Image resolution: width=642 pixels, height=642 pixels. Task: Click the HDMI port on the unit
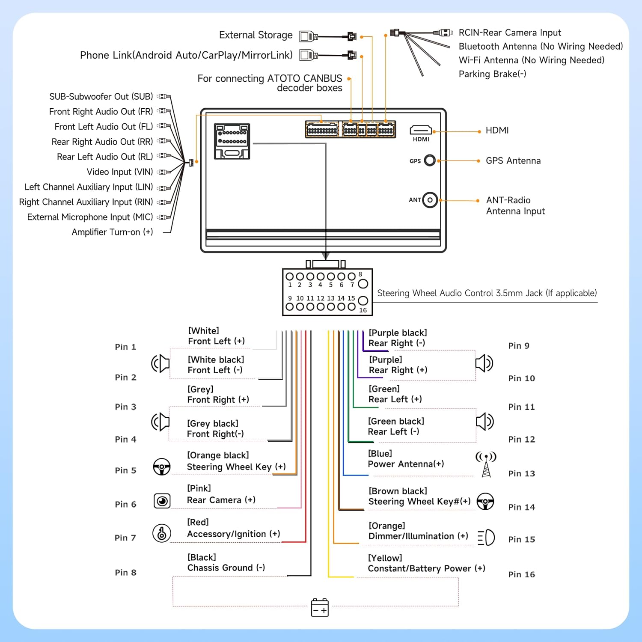pyautogui.click(x=421, y=130)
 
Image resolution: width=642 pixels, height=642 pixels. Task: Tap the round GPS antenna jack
pyautogui.click(x=430, y=160)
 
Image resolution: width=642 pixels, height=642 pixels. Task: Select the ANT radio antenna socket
pyautogui.click(x=430, y=200)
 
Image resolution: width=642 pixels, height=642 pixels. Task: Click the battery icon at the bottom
pyautogui.click(x=320, y=608)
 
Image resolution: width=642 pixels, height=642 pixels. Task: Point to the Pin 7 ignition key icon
pyautogui.click(x=162, y=533)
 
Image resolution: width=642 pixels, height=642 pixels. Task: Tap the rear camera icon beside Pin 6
pyautogui.click(x=162, y=501)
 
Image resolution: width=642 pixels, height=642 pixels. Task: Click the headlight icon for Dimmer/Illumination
pyautogui.click(x=486, y=538)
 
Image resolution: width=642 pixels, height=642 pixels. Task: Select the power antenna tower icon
pyautogui.click(x=486, y=464)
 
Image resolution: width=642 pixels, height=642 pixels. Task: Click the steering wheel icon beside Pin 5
pyautogui.click(x=162, y=467)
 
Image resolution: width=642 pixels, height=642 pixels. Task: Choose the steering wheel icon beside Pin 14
pyautogui.click(x=485, y=502)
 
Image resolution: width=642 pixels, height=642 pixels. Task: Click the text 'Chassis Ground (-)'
pyautogui.click(x=226, y=568)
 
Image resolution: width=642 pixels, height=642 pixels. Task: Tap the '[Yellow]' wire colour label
pyautogui.click(x=385, y=558)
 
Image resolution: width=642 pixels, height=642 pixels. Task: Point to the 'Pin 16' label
pyautogui.click(x=521, y=574)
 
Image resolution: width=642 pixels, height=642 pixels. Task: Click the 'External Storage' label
pyautogui.click(x=256, y=35)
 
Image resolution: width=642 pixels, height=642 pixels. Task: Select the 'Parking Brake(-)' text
pyautogui.click(x=492, y=74)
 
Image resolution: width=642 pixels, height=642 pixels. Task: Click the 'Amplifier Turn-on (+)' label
pyautogui.click(x=112, y=232)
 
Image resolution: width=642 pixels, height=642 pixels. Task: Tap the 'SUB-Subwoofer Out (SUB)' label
pyautogui.click(x=101, y=97)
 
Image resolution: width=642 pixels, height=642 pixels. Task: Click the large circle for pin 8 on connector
pyautogui.click(x=363, y=283)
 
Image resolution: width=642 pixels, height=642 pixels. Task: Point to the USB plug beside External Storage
pyautogui.click(x=308, y=36)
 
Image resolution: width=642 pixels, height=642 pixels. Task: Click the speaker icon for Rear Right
pyautogui.click(x=484, y=363)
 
